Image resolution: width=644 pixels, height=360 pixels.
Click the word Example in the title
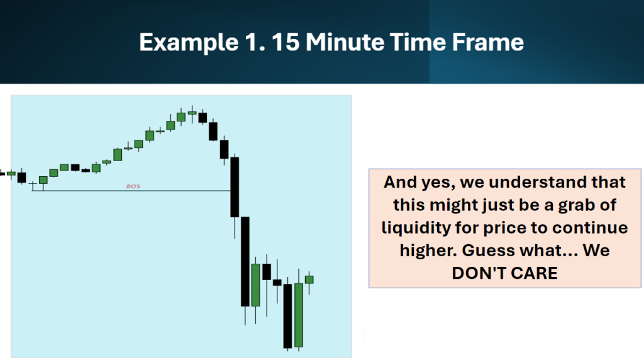point(189,43)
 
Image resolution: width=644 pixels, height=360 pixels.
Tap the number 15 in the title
point(286,42)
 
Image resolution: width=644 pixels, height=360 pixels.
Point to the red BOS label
point(133,186)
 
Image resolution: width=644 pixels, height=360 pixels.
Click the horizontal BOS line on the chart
point(131,191)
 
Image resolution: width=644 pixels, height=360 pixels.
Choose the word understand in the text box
point(537,182)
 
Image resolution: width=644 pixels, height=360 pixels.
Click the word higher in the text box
point(428,250)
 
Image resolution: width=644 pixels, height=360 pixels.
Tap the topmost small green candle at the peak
point(192,113)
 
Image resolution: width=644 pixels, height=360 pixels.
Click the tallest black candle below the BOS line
point(245,261)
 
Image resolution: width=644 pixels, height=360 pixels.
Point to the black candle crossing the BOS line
point(235,187)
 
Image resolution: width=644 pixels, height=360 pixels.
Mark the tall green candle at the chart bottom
point(299,315)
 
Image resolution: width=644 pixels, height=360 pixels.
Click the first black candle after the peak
point(203,118)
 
